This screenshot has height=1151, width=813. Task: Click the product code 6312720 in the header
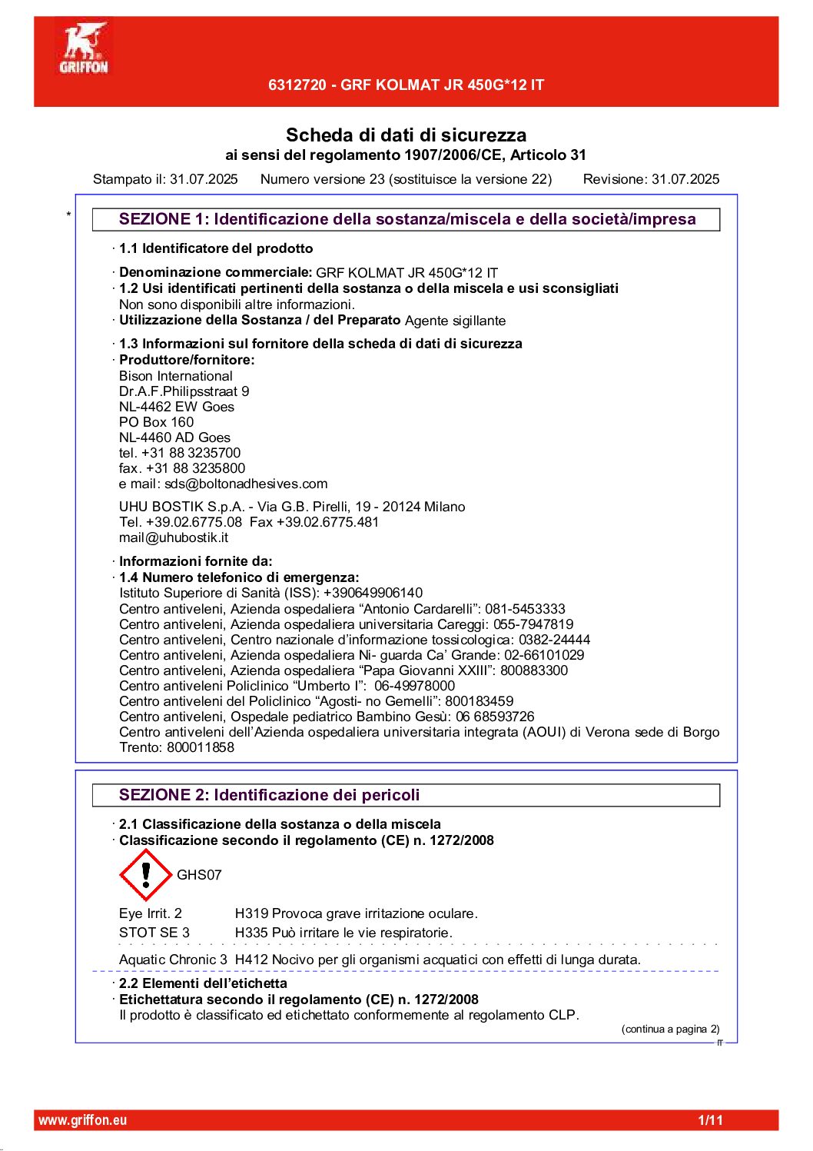pyautogui.click(x=297, y=85)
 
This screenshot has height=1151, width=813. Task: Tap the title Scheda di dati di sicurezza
pyautogui.click(x=406, y=135)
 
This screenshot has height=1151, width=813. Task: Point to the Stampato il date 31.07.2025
pyautogui.click(x=204, y=179)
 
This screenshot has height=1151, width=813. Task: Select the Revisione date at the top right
pyautogui.click(x=685, y=179)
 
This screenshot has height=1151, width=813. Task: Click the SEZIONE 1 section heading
pyautogui.click(x=406, y=219)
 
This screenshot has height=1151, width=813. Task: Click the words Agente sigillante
pyautogui.click(x=455, y=321)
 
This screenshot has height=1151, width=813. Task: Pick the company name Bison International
pyautogui.click(x=175, y=376)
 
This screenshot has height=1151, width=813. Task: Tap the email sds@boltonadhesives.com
pyautogui.click(x=246, y=484)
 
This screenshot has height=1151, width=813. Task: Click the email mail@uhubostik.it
pyautogui.click(x=174, y=537)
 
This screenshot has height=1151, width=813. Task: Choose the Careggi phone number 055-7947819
pyautogui.click(x=533, y=624)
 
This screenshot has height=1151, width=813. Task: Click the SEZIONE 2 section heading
pyautogui.click(x=269, y=795)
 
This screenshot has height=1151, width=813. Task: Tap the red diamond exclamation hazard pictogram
pyautogui.click(x=145, y=875)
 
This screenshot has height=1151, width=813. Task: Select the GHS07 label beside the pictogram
pyautogui.click(x=199, y=875)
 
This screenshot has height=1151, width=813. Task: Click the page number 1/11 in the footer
pyautogui.click(x=710, y=1120)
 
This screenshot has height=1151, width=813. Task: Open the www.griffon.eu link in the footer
pyautogui.click(x=82, y=1120)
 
